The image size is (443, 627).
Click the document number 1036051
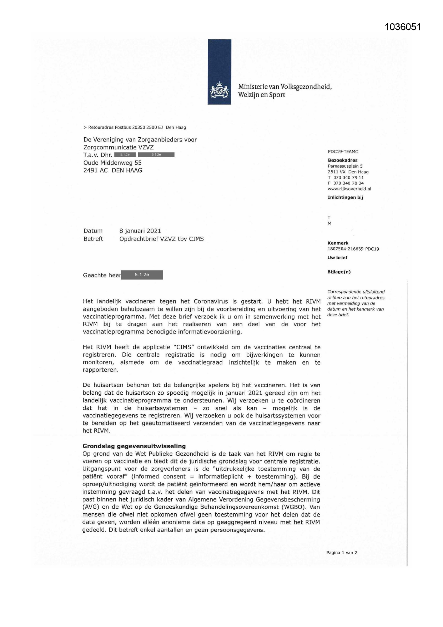403,27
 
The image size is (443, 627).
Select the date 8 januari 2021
140,231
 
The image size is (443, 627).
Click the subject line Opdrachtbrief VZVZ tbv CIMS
161,239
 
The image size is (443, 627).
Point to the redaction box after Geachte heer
142,275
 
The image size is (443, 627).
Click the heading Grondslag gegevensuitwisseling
134,446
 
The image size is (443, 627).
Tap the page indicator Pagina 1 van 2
341,553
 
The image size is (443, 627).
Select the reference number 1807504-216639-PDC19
353,249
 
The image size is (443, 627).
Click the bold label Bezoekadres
342,161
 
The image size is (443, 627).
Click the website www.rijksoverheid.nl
349,189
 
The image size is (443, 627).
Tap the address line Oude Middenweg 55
112,163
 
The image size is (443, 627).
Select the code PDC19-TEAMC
343,152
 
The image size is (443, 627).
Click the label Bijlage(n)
339,272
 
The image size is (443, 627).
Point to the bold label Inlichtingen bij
345,197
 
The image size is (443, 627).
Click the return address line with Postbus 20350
135,128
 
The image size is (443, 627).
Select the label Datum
93,231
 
